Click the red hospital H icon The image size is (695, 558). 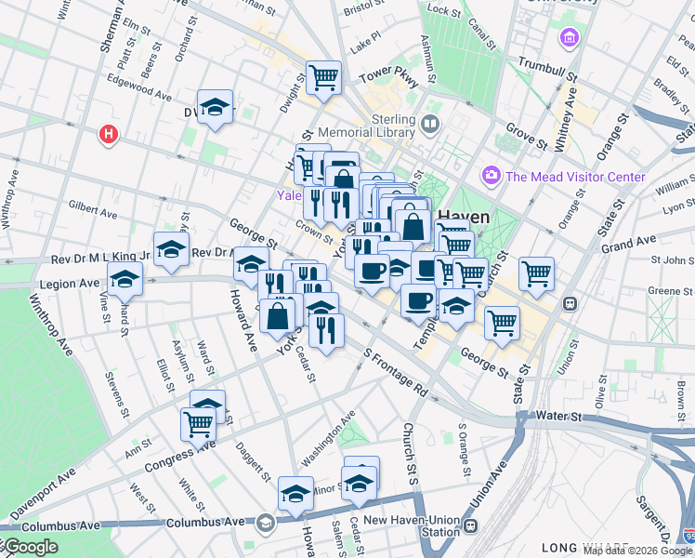[110, 136]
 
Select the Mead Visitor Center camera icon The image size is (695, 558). [491, 175]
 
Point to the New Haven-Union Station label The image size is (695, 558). [411, 526]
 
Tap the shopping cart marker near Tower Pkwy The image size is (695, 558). [323, 77]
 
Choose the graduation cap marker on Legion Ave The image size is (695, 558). [125, 278]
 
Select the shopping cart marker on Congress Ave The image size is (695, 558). [199, 423]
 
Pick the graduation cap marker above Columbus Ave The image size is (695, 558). [295, 492]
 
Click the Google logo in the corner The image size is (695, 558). [32, 547]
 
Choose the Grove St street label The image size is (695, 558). [526, 138]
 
